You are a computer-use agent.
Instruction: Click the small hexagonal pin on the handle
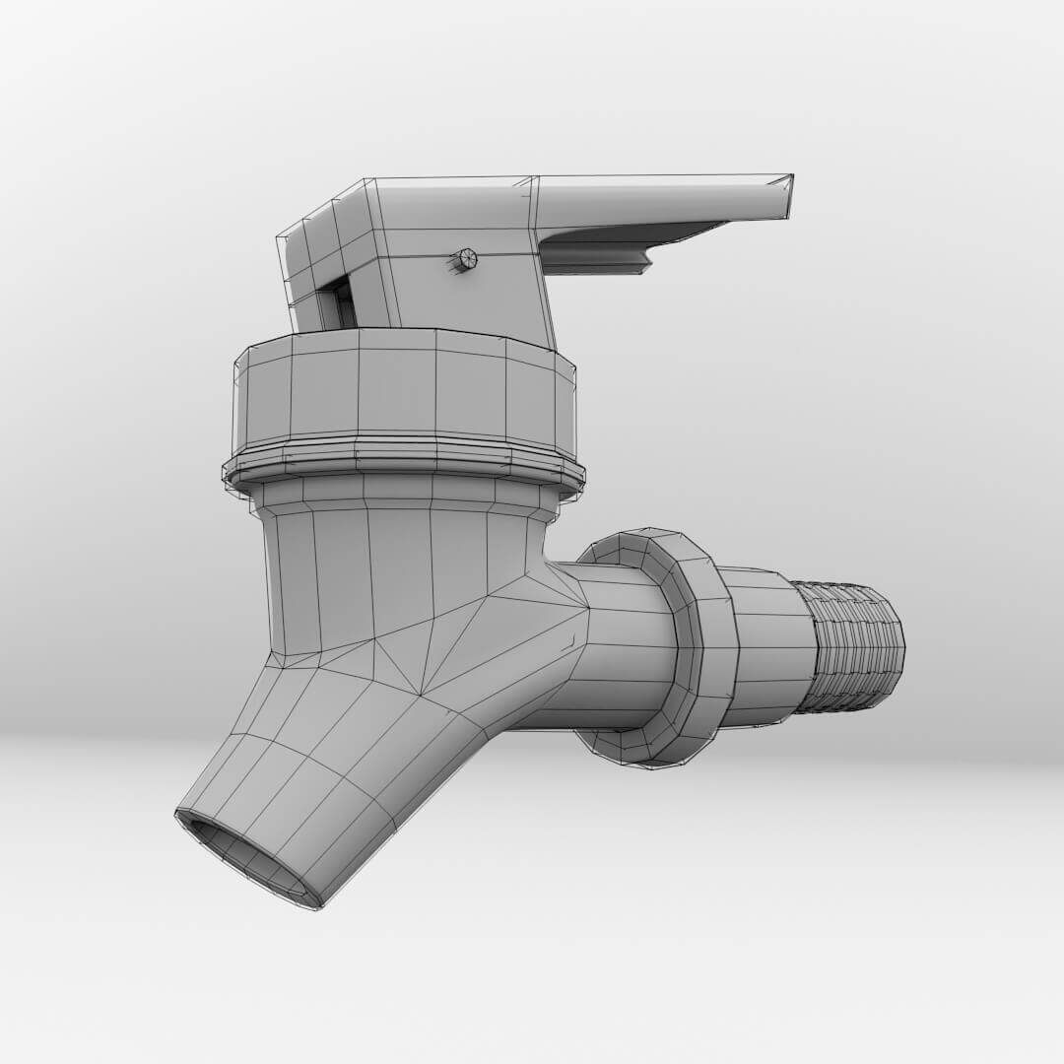click(x=467, y=259)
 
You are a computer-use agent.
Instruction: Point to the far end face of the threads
click(x=897, y=645)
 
